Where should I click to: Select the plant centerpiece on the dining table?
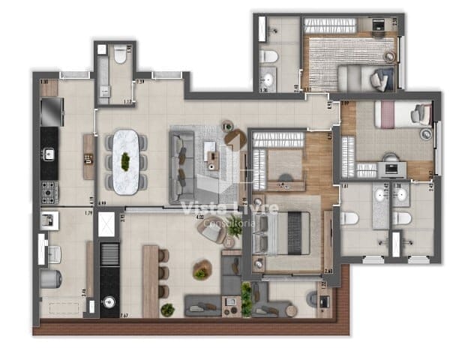tap(125, 160)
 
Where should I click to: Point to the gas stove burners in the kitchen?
tap(49, 191)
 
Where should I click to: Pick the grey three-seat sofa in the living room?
tap(181, 157)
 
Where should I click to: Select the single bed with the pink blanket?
tap(402, 115)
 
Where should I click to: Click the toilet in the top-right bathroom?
tap(268, 56)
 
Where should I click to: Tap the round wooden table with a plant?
tap(201, 269)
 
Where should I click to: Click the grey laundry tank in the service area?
tap(50, 278)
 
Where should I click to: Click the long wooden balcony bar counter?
tap(150, 281)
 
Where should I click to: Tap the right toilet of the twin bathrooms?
tap(403, 218)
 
